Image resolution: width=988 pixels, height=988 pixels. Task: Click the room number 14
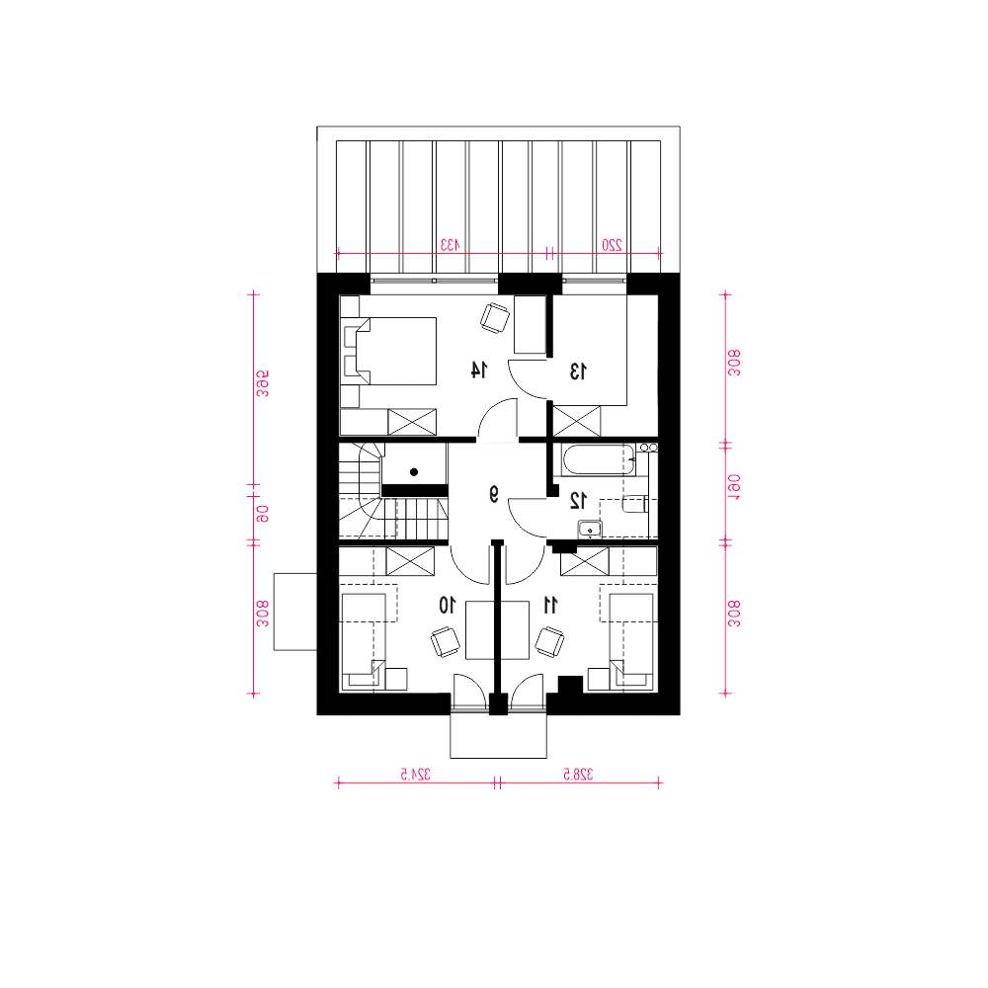[479, 370]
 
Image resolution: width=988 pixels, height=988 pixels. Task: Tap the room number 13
[578, 371]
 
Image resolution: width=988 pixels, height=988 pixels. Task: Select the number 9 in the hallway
[494, 495]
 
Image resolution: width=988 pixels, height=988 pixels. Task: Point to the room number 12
[578, 500]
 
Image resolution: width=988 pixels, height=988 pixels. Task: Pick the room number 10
[447, 606]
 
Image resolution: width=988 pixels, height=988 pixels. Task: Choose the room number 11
[550, 606]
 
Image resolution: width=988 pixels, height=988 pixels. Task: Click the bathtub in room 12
[599, 460]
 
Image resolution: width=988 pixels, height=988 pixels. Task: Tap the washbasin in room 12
[590, 530]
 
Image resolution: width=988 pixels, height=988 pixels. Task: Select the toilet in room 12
[634, 504]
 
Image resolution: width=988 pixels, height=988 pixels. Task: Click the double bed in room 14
[388, 351]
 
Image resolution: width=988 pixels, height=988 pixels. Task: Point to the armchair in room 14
[495, 317]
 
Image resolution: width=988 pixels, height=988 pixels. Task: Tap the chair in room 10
[446, 642]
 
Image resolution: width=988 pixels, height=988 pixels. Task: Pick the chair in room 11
[549, 641]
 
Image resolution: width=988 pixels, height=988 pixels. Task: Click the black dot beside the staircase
[414, 472]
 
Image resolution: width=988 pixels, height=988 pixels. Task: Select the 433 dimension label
[450, 245]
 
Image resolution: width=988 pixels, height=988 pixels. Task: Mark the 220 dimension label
[612, 245]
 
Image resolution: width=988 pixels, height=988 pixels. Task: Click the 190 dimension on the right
[734, 487]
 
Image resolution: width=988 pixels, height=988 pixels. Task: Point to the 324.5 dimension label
[416, 775]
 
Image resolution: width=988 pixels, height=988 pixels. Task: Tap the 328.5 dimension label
[578, 775]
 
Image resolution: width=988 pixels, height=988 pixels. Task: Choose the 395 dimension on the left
[263, 383]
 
